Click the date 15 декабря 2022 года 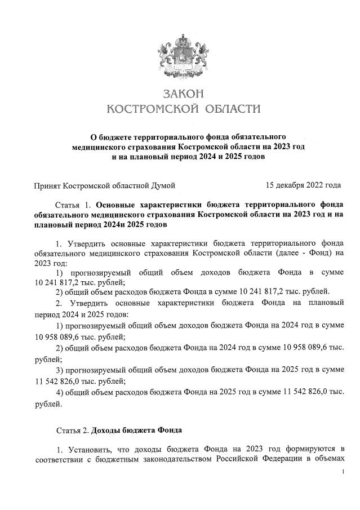(x=303, y=184)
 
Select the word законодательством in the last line (x=172, y=460)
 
